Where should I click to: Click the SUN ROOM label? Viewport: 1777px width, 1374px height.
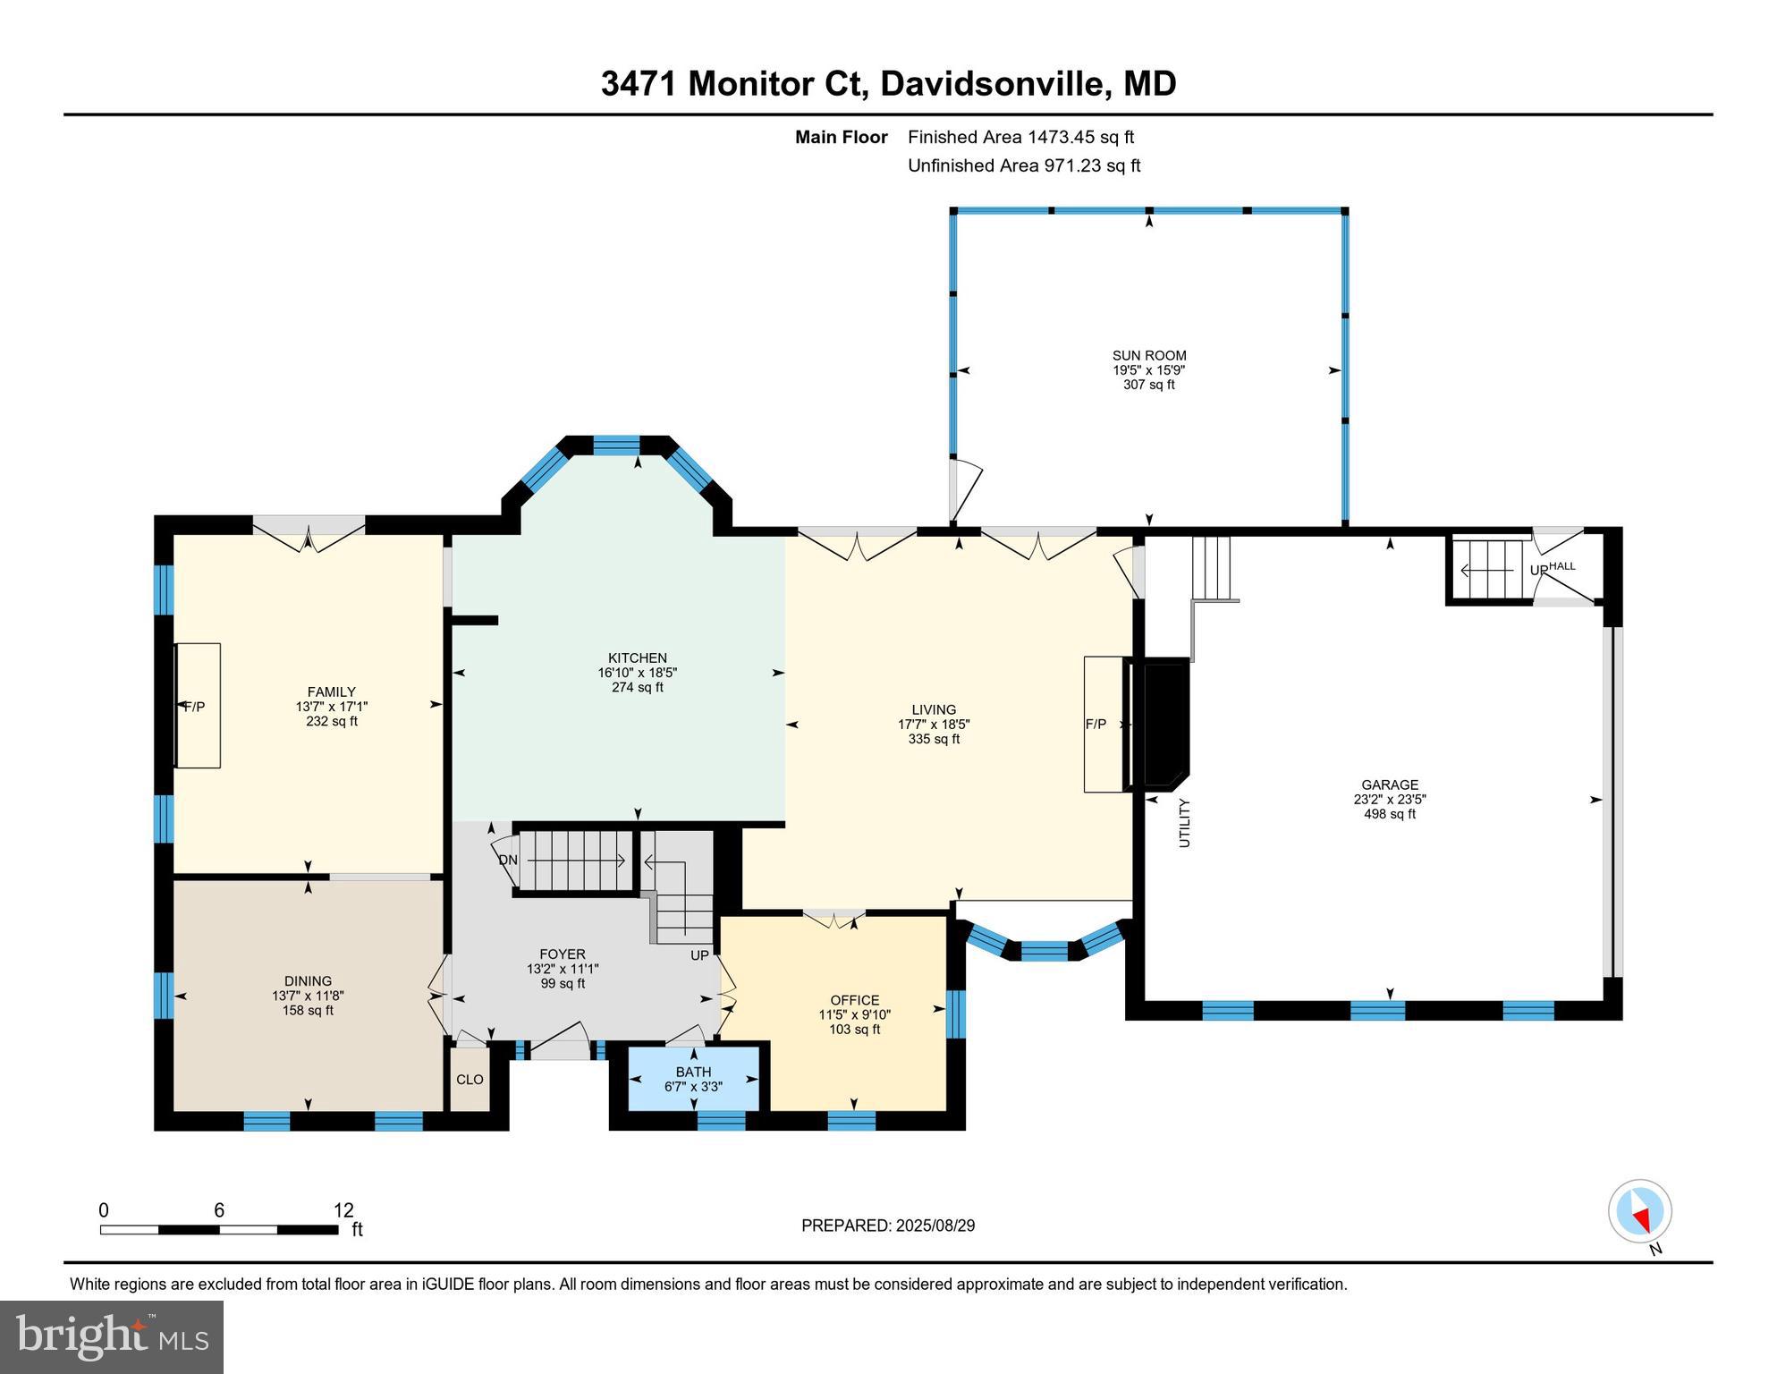[x=1149, y=355]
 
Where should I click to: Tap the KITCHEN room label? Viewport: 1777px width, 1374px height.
[x=637, y=657]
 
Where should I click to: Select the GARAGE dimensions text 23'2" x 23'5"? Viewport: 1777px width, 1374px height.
[x=1389, y=800]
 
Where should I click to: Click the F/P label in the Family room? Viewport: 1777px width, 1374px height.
[x=194, y=707]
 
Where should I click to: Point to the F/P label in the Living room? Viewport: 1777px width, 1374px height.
[x=1096, y=725]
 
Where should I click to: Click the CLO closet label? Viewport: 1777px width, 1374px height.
[x=470, y=1080]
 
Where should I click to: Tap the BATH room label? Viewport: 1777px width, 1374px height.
[x=693, y=1072]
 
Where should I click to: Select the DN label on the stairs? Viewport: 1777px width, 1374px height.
[x=508, y=861]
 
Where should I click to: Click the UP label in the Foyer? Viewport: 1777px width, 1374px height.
[x=699, y=955]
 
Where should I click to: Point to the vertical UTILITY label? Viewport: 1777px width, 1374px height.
[x=1184, y=823]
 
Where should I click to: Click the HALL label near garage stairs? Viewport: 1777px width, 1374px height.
[x=1562, y=566]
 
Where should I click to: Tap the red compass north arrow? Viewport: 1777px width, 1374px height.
[x=1642, y=1217]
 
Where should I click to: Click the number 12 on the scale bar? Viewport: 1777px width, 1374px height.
[x=343, y=1211]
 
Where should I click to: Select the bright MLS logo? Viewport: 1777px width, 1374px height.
[x=112, y=1336]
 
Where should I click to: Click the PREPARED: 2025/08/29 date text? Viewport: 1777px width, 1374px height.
[x=887, y=1226]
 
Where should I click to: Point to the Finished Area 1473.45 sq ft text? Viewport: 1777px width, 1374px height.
[x=1020, y=137]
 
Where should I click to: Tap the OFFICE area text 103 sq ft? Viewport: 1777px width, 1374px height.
[x=854, y=1030]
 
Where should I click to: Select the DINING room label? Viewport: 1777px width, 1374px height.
[x=308, y=981]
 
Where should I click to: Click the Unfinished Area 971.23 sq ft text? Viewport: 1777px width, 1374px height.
[x=1024, y=165]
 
